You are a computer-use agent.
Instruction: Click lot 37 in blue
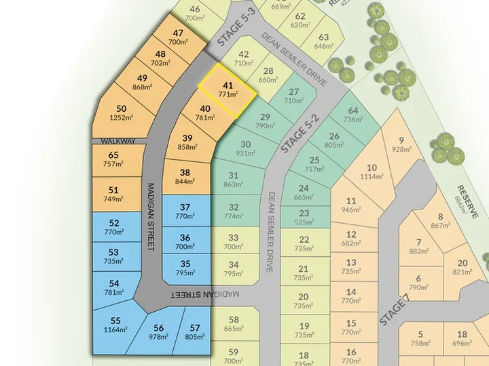(185, 211)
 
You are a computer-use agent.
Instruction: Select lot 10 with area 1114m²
(371, 172)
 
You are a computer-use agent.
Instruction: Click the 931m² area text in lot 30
(245, 154)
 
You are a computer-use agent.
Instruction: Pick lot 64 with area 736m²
(353, 115)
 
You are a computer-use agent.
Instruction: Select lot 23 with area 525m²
(304, 217)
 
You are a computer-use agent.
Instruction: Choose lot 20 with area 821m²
(463, 268)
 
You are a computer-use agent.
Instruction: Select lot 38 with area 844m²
(185, 177)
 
